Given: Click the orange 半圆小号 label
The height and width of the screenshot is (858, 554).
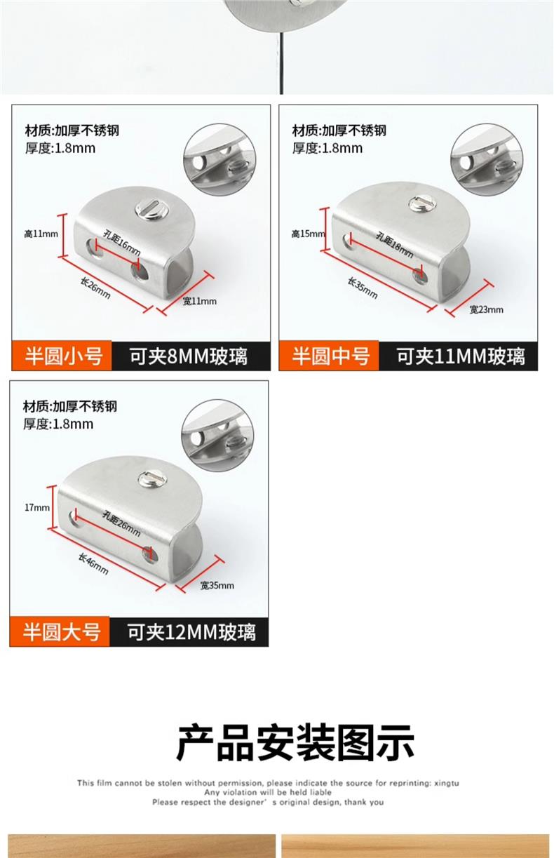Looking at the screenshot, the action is click(x=62, y=356).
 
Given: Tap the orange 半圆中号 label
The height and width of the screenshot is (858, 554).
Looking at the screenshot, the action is click(x=329, y=356).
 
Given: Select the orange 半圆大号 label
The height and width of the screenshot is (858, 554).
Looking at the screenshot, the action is click(x=60, y=632).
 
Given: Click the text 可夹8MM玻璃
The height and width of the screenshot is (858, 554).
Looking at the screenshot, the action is click(x=189, y=356).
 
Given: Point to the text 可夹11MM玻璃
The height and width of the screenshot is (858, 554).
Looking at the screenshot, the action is click(x=460, y=356).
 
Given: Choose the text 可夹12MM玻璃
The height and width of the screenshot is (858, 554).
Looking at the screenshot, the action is click(x=191, y=632).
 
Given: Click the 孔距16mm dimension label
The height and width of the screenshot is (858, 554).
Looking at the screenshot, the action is click(x=122, y=243).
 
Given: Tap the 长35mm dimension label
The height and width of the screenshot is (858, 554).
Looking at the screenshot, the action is click(x=363, y=288).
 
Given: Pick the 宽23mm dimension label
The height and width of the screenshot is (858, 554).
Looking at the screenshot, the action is click(x=486, y=309).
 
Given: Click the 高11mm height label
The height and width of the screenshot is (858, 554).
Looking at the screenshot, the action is click(x=41, y=234).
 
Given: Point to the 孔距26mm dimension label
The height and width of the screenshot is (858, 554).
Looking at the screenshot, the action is click(x=121, y=523).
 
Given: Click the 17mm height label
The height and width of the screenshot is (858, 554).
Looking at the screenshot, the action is click(x=37, y=507).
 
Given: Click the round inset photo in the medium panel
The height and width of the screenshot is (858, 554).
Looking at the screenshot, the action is click(x=487, y=160).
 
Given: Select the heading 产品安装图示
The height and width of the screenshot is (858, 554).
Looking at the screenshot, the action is click(x=295, y=742).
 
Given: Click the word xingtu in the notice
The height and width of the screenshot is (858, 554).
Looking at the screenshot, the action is click(x=447, y=784).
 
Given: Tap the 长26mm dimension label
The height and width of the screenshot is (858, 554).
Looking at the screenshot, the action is click(x=95, y=288).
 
